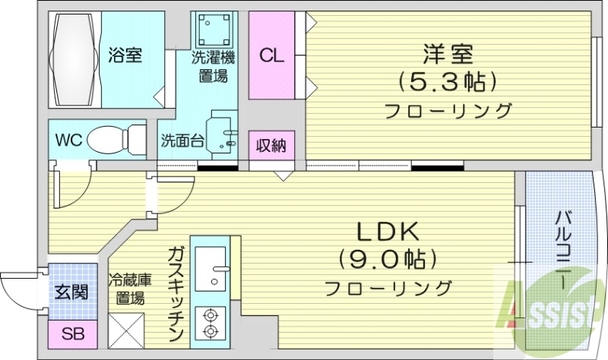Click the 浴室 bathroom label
pyautogui.click(x=125, y=55)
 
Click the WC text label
pyautogui.click(x=68, y=141)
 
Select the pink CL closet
pyautogui.click(x=271, y=55)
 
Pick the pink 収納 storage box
pyautogui.click(x=271, y=145)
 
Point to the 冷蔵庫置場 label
pyautogui.click(x=127, y=288)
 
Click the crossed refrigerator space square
pyautogui.click(x=127, y=327)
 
